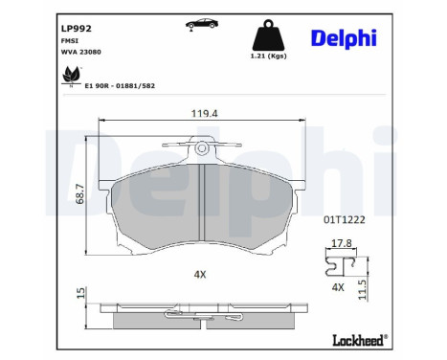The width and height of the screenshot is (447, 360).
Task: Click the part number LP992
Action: [77, 29]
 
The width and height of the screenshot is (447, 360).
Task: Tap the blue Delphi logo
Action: [344, 39]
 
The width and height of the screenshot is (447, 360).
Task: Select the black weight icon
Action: [268, 35]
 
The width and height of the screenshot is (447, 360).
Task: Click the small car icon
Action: [202, 24]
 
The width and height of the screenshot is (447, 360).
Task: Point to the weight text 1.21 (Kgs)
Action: [268, 56]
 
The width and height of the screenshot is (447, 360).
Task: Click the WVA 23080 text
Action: [81, 52]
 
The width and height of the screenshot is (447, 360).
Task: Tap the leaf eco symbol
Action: [71, 76]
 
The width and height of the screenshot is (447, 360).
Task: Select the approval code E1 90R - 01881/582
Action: [120, 86]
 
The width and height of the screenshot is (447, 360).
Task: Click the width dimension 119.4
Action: [205, 113]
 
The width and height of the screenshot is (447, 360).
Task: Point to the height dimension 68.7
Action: [79, 193]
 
